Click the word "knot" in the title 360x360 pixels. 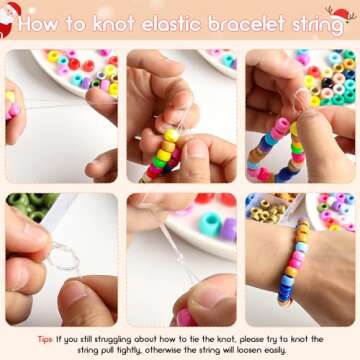click(114, 24)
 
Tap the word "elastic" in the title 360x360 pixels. click(170, 24)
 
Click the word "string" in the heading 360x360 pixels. click(312, 25)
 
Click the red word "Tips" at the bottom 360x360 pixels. click(45, 340)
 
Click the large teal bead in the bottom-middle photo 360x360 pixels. click(210, 224)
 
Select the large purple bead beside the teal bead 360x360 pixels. click(228, 229)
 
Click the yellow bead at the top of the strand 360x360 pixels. click(171, 135)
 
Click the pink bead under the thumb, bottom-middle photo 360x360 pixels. click(185, 318)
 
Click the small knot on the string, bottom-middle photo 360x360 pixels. click(180, 258)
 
